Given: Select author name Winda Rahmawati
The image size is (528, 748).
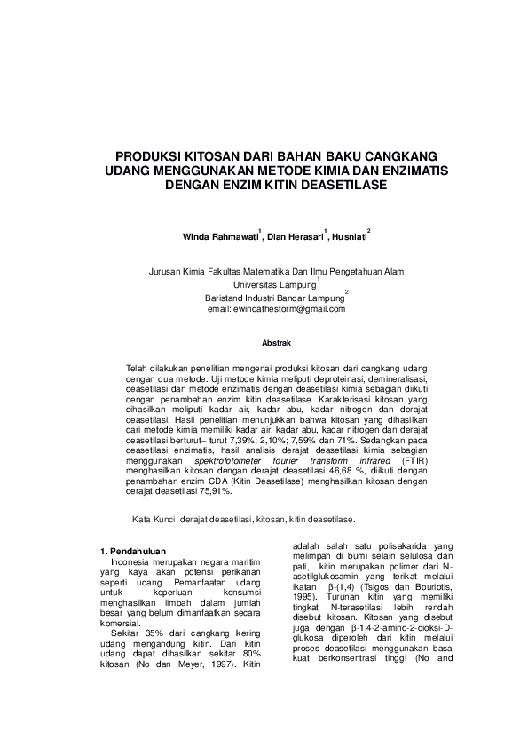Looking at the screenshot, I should coord(219,237).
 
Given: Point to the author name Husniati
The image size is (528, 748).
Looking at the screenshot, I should coord(349,237).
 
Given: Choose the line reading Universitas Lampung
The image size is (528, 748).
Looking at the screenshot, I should coord(273,284).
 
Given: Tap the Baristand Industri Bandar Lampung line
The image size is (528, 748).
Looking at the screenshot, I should coord(273,296).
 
